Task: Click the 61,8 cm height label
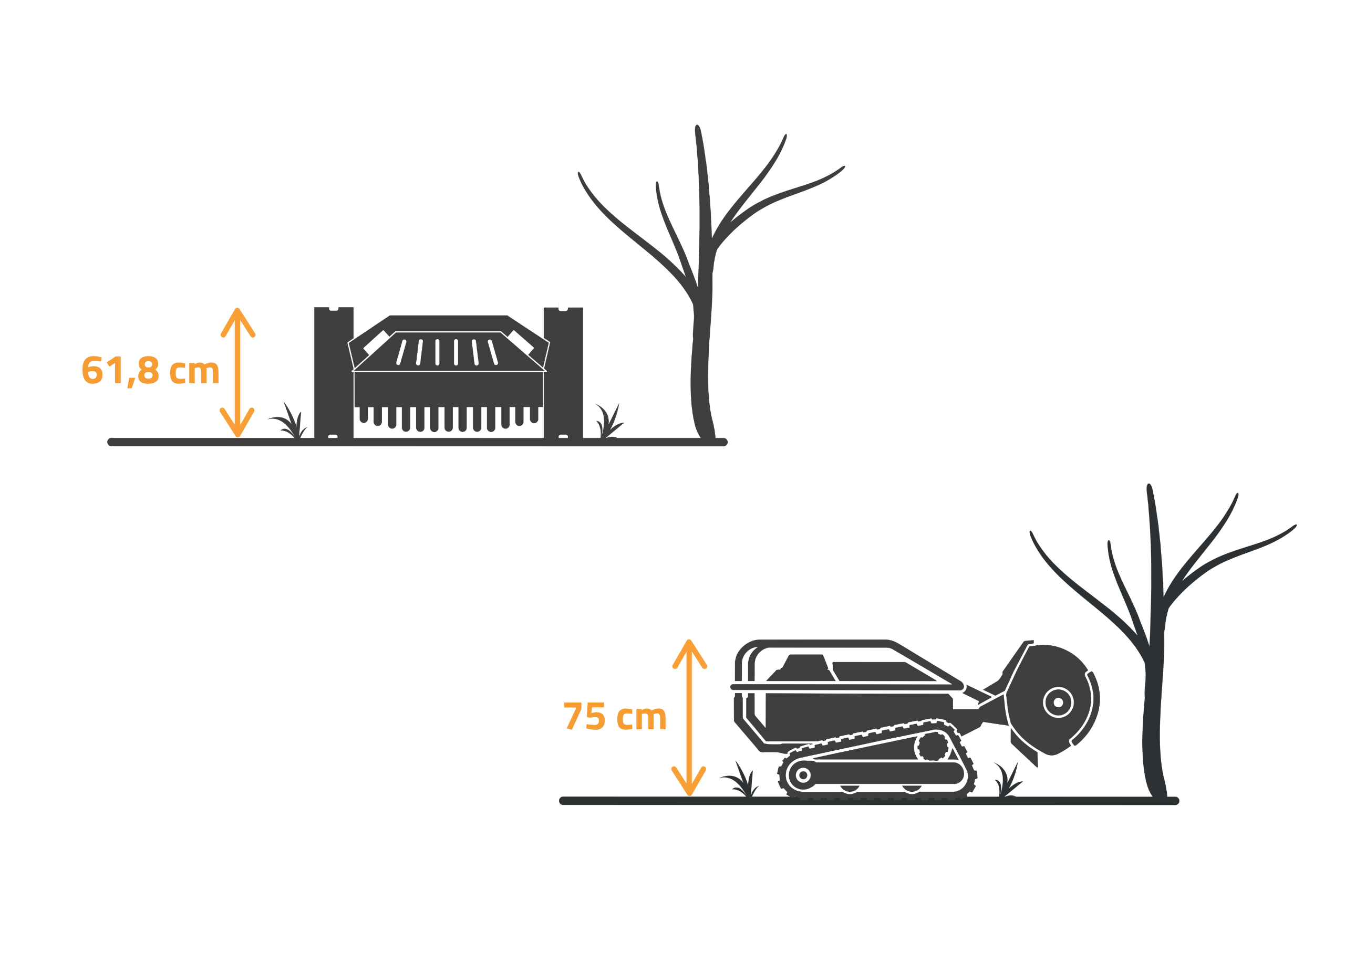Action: click(x=151, y=372)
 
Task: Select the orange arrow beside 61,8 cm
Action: click(x=237, y=372)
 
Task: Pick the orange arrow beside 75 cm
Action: click(x=689, y=718)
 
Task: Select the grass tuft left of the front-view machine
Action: click(x=288, y=422)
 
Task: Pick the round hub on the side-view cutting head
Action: click(x=1058, y=703)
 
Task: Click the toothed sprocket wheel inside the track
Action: click(x=932, y=746)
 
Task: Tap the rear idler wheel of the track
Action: click(x=803, y=775)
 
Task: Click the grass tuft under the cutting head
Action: click(x=1008, y=780)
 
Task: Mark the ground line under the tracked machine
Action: click(x=869, y=801)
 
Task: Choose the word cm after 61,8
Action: click(x=194, y=372)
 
